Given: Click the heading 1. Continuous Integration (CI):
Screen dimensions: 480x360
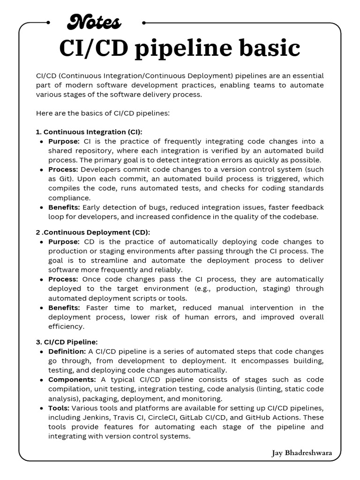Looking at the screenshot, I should point(89,132).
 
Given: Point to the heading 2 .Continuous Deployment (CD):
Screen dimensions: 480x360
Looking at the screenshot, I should point(93,232).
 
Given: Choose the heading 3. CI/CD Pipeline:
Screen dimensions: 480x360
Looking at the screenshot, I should point(67,342).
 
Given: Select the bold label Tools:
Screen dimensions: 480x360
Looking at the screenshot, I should point(59,408).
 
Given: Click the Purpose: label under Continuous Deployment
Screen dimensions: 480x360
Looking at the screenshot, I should point(64,242).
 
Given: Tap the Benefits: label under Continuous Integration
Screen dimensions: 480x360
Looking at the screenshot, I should point(64,207).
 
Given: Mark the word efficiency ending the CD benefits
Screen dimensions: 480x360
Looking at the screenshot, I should point(66,326).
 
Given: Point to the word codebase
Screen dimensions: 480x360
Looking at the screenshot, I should point(301,217).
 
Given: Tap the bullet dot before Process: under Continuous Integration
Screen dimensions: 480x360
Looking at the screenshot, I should point(43,170).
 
